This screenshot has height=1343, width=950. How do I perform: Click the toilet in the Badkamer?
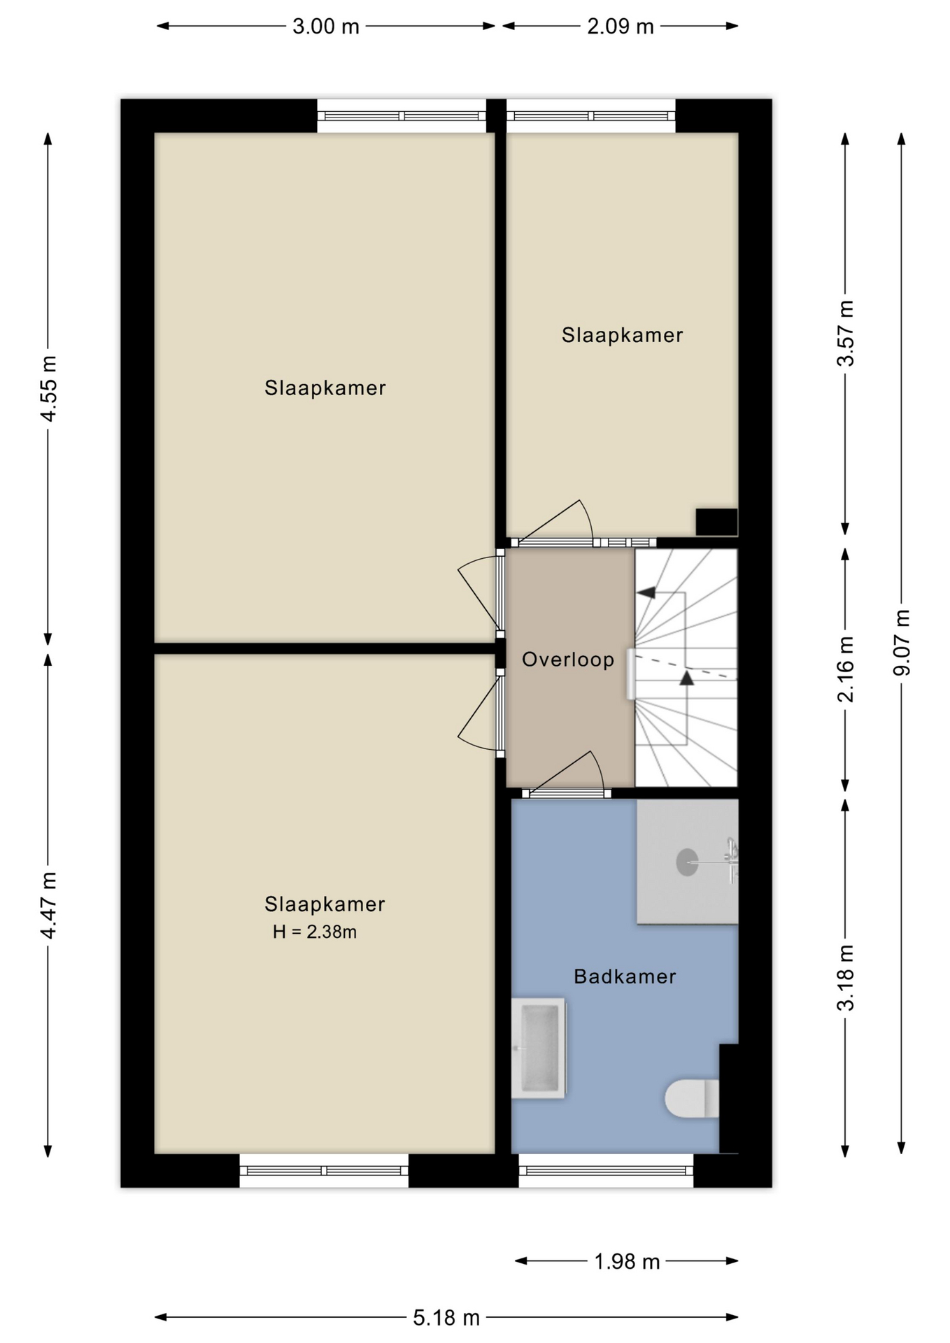692,1098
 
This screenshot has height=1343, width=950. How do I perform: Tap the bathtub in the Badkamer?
539,1048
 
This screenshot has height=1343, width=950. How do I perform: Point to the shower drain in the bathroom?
687,862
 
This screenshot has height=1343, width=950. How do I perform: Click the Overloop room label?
568,659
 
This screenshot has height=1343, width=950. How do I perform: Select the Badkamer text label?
625,976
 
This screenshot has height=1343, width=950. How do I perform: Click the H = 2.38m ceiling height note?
315,932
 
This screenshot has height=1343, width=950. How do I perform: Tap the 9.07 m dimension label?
902,642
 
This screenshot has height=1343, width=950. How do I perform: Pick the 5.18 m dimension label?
446,1318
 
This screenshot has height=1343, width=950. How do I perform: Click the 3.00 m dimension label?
325,27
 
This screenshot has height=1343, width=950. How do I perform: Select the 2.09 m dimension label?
621,27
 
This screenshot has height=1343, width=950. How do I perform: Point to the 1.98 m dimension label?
627,1261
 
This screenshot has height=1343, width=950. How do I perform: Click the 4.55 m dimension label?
48,388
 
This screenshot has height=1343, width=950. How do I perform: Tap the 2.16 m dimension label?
846,669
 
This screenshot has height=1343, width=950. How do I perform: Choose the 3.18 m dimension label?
846,977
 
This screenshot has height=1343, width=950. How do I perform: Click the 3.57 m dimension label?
846,333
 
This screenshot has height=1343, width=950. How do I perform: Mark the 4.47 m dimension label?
48,905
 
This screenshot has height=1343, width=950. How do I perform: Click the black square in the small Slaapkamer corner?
716,522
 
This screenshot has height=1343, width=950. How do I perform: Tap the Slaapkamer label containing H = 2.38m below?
325,904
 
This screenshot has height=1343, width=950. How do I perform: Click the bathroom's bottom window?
606,1170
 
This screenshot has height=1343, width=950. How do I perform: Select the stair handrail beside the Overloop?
631,674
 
